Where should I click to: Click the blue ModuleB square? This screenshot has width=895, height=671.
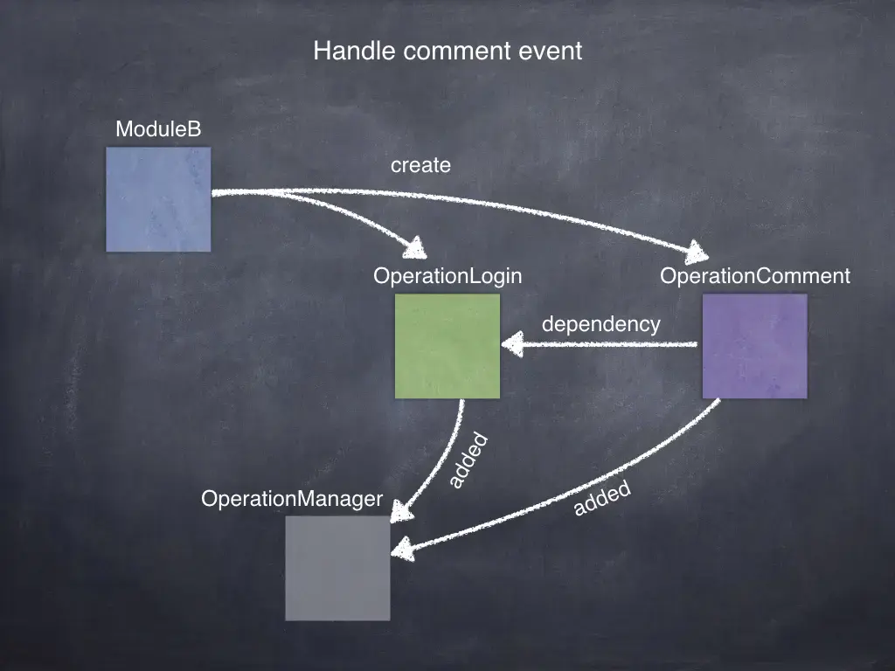pos(158,199)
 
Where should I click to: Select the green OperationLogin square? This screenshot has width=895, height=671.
pos(447,346)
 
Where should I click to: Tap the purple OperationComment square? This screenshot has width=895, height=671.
pos(755,346)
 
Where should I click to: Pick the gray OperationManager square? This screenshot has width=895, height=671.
pos(337,568)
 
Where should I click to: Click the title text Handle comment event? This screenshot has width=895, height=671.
pos(447,52)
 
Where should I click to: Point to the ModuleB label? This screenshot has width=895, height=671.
pos(158,130)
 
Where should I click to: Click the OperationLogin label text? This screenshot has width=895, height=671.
pos(447,277)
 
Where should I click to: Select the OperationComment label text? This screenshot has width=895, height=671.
pos(755,277)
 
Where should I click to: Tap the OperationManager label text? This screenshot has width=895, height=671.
pos(292,499)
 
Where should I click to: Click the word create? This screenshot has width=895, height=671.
pos(420,165)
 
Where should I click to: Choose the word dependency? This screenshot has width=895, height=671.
pos(601,324)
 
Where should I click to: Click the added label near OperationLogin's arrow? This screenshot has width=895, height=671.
pos(467,461)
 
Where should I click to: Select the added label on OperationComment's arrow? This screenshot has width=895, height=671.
pos(602,500)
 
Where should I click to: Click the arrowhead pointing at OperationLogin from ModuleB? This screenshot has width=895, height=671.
pos(413,247)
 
